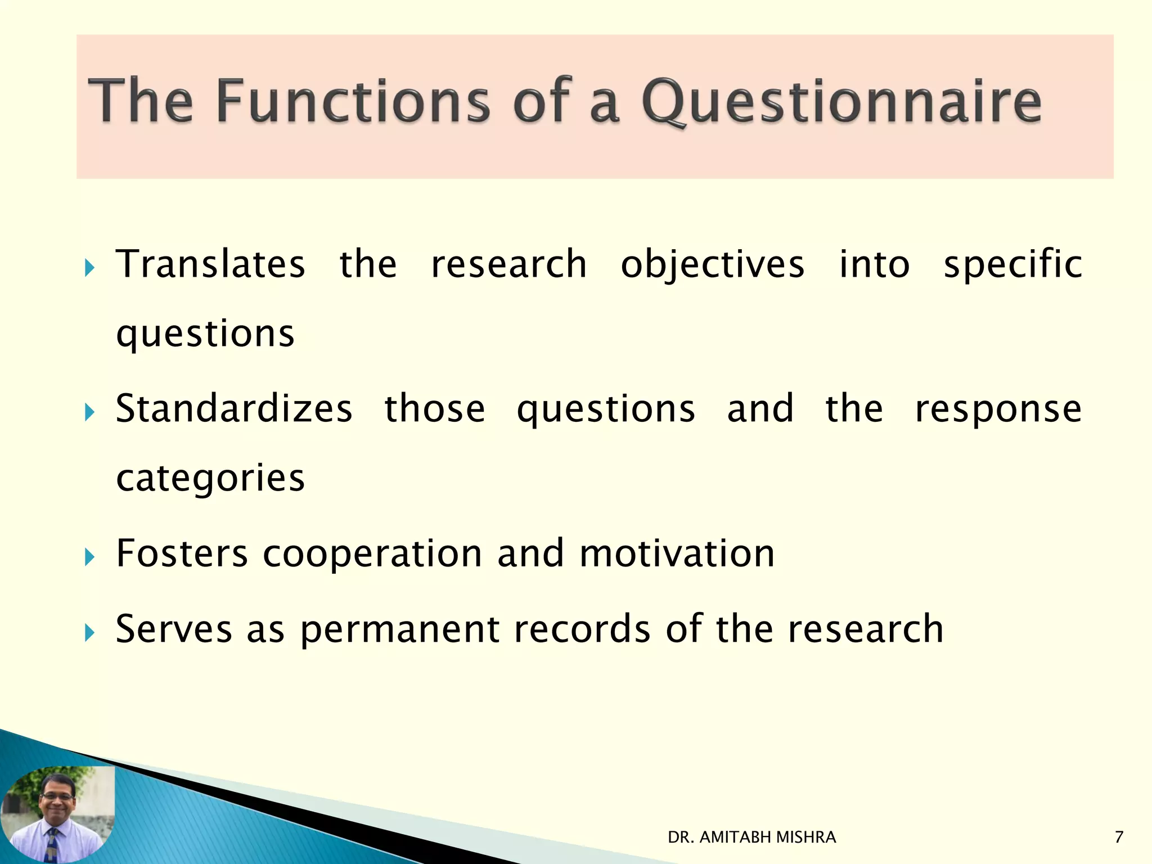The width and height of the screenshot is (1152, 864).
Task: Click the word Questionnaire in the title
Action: pos(841,101)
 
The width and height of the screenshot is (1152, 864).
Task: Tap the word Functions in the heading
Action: pos(353,101)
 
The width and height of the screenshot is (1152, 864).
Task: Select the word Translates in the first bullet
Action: pos(210,264)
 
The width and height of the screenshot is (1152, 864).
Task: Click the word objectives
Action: pos(712,264)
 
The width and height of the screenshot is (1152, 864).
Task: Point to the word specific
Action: pos(1012,264)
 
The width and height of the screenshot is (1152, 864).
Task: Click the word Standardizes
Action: pos(234,408)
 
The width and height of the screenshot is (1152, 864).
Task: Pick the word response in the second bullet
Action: pos(998,408)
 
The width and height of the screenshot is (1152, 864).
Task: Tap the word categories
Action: pos(210,478)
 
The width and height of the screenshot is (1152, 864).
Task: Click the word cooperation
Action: pos(372,554)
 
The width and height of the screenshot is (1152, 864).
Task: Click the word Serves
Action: pos(174,628)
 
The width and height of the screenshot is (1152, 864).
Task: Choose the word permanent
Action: pos(400,629)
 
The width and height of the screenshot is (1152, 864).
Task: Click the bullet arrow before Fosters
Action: pos(89,557)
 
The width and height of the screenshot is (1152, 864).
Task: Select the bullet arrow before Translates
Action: pos(89,268)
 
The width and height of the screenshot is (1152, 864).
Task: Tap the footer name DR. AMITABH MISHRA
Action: pos(751,838)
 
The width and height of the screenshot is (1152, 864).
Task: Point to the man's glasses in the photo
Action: pos(57,797)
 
